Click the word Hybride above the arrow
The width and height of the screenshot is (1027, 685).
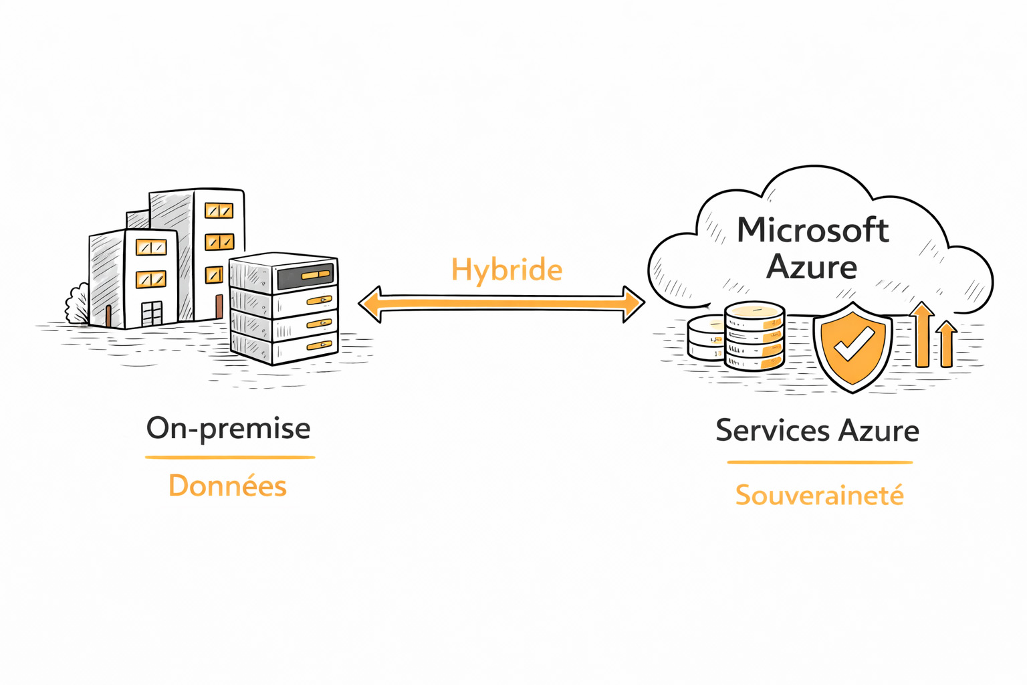[x=506, y=270]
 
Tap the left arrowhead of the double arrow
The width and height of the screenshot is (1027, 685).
[x=370, y=304]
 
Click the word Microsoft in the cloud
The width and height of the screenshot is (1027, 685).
[x=812, y=231]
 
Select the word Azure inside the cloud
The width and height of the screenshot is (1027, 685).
[x=812, y=267]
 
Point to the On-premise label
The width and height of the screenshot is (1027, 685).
[x=228, y=429]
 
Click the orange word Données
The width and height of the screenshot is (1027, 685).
[x=227, y=486]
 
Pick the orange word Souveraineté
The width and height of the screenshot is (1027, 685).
[x=819, y=496]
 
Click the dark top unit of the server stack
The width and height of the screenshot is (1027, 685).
[x=304, y=275]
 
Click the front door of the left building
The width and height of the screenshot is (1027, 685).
[x=152, y=314]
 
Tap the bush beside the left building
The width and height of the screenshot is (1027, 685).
[x=77, y=304]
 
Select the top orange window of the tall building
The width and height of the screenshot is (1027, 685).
[x=219, y=211]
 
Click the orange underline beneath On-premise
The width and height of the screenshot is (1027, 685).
[x=230, y=458]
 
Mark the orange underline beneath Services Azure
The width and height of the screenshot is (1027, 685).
[x=820, y=462]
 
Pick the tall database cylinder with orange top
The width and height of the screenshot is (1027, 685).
[x=754, y=336]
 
